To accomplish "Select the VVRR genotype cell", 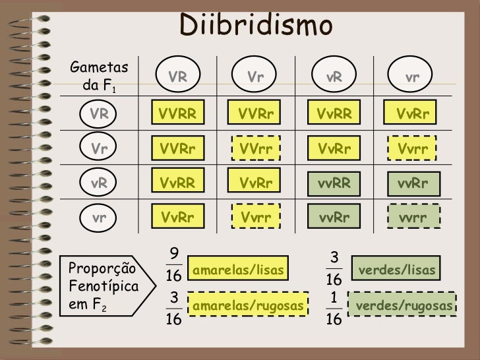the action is [x=177, y=113].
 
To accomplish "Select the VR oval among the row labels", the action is [x=100, y=113].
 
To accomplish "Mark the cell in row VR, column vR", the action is [x=335, y=113].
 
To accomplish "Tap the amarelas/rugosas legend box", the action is [x=249, y=305].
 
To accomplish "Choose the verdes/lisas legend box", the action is [x=398, y=270].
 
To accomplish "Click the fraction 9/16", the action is [x=174, y=264].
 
